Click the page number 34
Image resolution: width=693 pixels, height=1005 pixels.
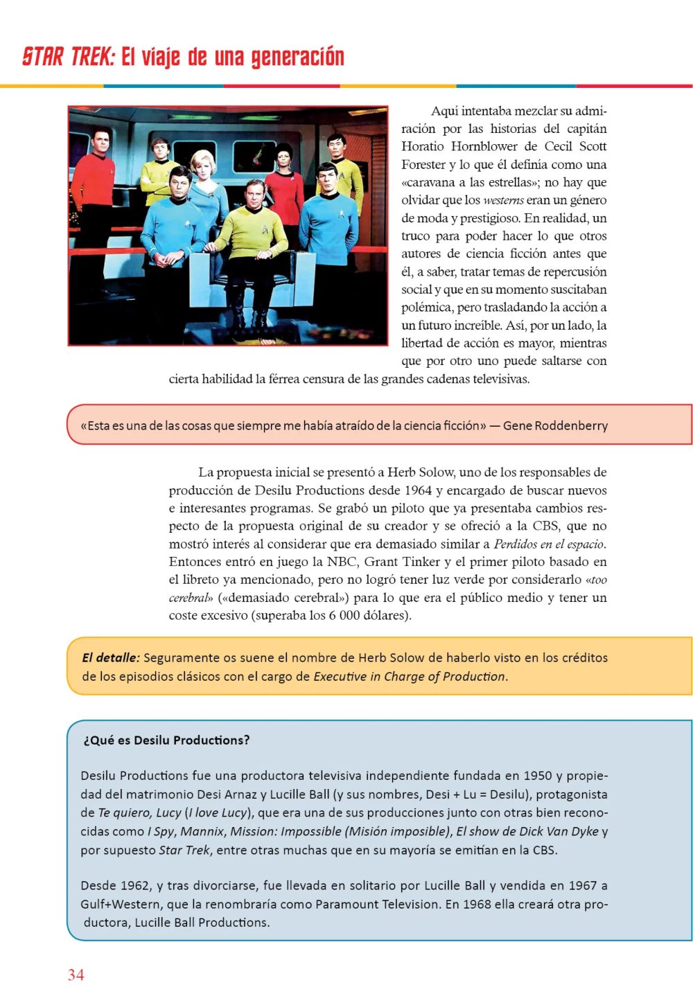76,975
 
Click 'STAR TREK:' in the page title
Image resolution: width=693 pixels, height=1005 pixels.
68,57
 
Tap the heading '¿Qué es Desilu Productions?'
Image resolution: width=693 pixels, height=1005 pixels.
166,740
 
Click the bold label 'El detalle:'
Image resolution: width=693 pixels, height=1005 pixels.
110,657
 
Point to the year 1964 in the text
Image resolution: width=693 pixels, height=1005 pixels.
418,490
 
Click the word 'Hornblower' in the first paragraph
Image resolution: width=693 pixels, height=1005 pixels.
484,146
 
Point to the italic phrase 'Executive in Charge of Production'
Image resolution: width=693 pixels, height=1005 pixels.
409,676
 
